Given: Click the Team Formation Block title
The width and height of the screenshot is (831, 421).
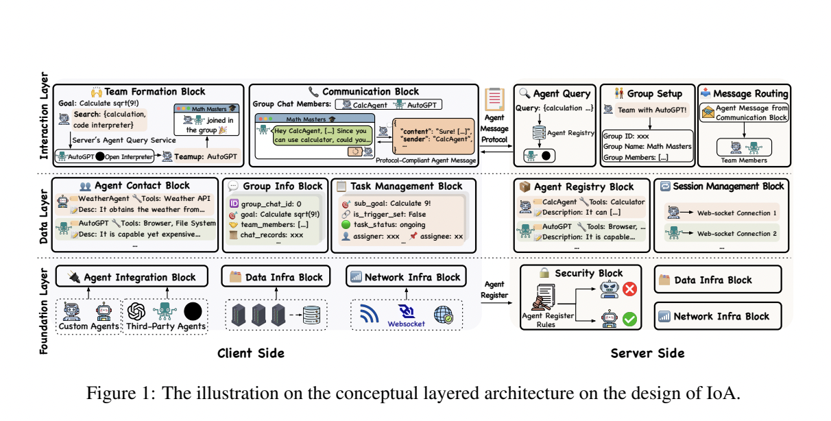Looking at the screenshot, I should coord(154,92).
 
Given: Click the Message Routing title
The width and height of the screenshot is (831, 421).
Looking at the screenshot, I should coord(751,94).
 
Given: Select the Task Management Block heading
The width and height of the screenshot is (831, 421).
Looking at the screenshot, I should coord(406,186).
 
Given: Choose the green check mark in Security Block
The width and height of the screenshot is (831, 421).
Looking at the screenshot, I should coord(629,319).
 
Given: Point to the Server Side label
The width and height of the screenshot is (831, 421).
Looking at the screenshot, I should coord(647,354).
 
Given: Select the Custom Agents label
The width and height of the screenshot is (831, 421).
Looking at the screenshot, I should coord(88,326).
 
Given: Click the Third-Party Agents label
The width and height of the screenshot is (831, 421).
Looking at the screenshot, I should coord(166,326).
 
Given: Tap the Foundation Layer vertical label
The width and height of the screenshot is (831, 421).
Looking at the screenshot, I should coord(44,310).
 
